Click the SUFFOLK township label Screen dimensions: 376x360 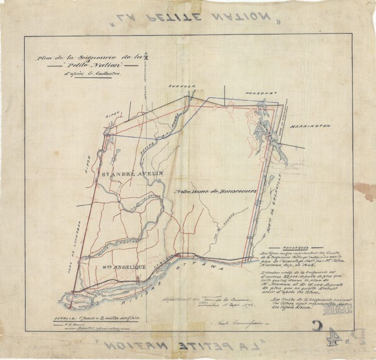pos(180,87)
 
